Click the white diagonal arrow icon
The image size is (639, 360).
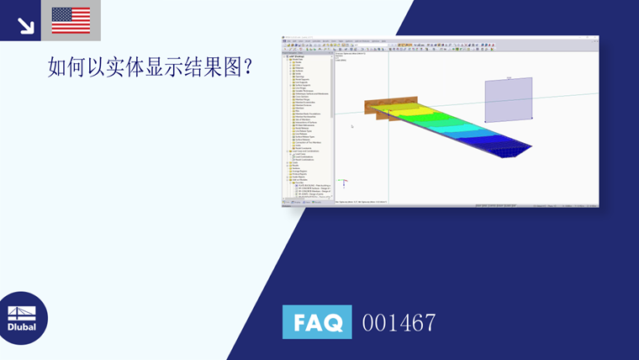(25, 25)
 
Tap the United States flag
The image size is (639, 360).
(71, 20)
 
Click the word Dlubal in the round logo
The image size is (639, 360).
(22, 326)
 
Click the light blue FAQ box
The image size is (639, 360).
(317, 322)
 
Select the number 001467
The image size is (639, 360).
(399, 322)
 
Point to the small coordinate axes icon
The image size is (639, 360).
(342, 181)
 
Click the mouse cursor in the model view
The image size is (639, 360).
(351, 126)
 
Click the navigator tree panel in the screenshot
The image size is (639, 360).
(307, 126)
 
